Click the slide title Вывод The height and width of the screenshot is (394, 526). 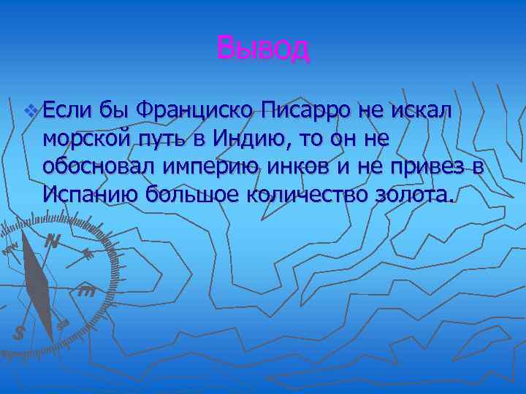263,49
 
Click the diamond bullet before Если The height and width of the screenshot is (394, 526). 30,112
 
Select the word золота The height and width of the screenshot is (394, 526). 415,193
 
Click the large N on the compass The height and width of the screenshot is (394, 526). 51,240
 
